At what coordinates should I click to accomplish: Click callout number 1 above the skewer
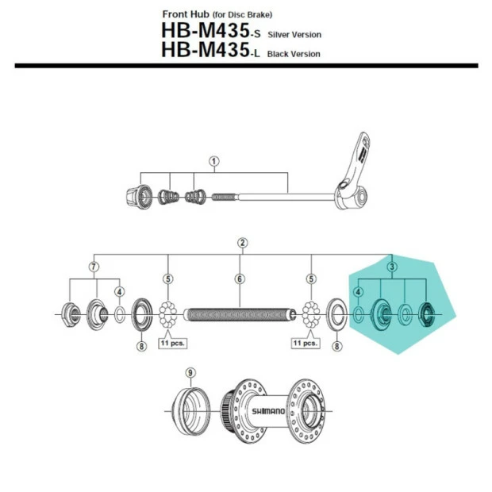(x=214, y=162)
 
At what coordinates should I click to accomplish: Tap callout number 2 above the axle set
(x=242, y=243)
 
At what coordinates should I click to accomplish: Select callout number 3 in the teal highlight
(x=392, y=267)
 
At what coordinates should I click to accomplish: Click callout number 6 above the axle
(x=240, y=279)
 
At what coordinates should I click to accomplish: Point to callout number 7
(x=94, y=267)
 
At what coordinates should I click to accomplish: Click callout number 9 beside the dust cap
(x=190, y=373)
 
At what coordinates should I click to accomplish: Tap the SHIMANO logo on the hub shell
(x=268, y=411)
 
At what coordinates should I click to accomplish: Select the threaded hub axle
(x=240, y=315)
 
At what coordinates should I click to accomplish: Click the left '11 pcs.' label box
(x=172, y=343)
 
